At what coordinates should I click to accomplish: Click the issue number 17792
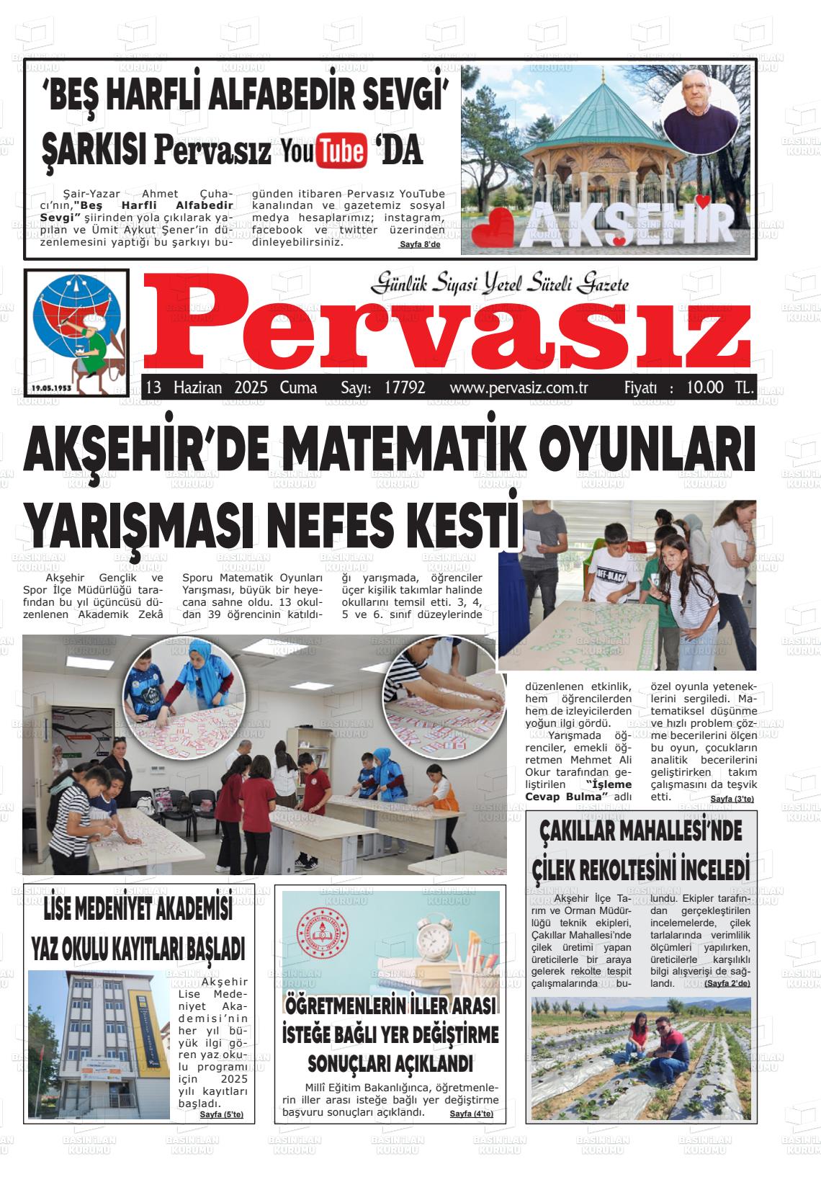[405, 388]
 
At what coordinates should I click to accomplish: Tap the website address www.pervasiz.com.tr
[519, 388]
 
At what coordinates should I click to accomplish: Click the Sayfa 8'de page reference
[419, 246]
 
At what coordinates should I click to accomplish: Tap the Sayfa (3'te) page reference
[732, 800]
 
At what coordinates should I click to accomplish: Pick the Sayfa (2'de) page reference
[727, 983]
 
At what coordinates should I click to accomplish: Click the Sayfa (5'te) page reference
[221, 1114]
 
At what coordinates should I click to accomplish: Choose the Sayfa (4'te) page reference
[471, 1114]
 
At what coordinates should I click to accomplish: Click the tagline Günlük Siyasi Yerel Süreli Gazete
[499, 284]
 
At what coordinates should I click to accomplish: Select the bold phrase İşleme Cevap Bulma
[579, 790]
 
